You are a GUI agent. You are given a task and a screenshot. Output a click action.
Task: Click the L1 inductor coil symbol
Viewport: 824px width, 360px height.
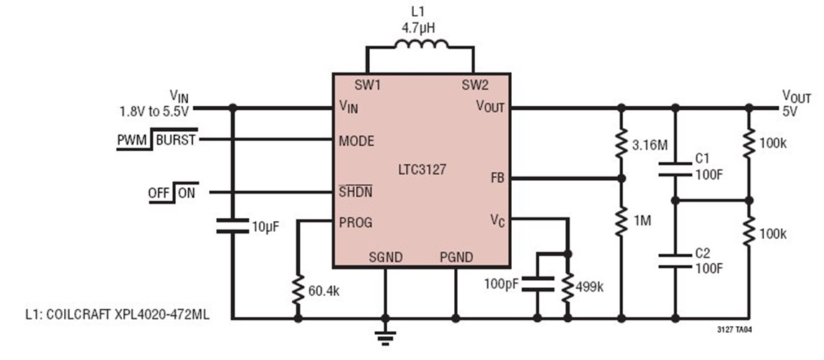coord(421,43)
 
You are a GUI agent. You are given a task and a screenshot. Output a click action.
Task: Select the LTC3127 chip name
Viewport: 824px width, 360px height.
coord(422,169)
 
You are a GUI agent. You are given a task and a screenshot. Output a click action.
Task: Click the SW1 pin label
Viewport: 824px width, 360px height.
coord(367,84)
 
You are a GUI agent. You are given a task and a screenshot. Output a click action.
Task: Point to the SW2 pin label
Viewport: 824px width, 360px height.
coord(475,84)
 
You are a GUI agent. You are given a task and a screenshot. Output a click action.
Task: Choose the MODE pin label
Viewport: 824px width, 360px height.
coord(356,140)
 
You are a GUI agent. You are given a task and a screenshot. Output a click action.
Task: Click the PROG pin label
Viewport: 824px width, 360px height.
coord(356,222)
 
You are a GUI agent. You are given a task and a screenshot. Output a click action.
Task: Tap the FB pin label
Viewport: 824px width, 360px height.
coord(497,179)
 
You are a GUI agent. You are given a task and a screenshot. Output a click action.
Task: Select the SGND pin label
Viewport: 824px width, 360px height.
coord(385,257)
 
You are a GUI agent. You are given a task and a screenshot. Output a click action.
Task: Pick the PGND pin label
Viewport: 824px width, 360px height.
coord(456,257)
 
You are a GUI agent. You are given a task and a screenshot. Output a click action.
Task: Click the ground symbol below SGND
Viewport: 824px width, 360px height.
coord(385,338)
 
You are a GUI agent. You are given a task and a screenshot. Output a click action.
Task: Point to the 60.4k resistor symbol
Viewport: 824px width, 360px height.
coord(298,289)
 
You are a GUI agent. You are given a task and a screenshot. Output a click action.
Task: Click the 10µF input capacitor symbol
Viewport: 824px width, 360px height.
coord(233,225)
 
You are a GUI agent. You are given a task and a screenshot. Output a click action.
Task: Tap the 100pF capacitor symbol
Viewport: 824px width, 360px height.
coord(538,284)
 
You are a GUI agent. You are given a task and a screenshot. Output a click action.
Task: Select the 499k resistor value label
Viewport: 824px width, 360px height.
coord(589,287)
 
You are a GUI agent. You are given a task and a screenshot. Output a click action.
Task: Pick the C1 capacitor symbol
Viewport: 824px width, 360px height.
coord(675,169)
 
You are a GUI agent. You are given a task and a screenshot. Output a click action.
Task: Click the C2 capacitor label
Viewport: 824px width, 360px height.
coord(703,253)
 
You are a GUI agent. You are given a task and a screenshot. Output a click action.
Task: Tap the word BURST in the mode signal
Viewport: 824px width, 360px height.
coord(175,140)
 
